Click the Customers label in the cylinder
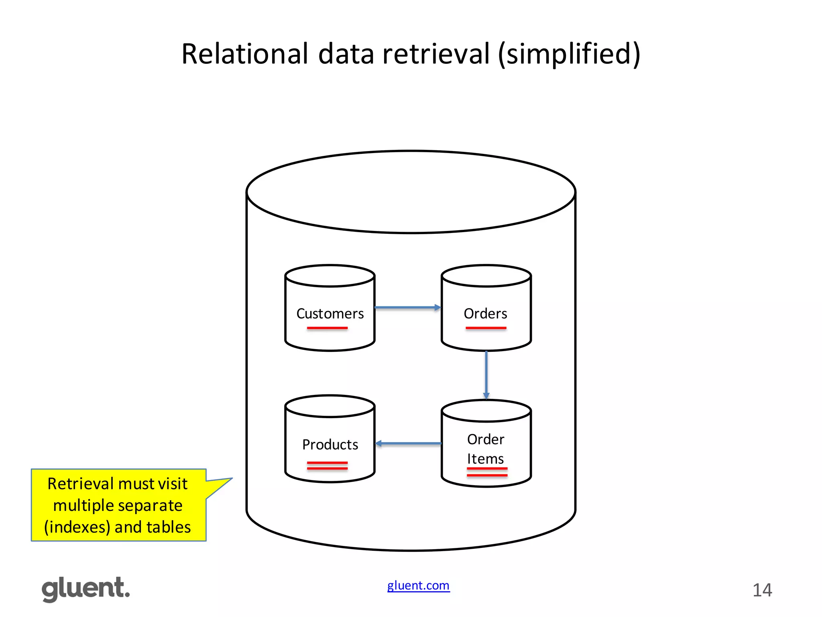pyautogui.click(x=330, y=314)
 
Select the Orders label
pyautogui.click(x=485, y=314)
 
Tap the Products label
pyautogui.click(x=330, y=445)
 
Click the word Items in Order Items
pyautogui.click(x=485, y=459)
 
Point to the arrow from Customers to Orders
pyautogui.click(x=407, y=308)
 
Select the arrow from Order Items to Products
pyautogui.click(x=408, y=443)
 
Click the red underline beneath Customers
pyautogui.click(x=327, y=328)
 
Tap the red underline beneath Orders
pyautogui.click(x=486, y=328)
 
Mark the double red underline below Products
pyautogui.click(x=327, y=466)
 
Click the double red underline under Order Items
pyautogui.click(x=487, y=472)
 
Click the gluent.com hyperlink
pyautogui.click(x=418, y=586)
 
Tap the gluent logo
pyautogui.click(x=86, y=589)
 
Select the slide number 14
pyautogui.click(x=762, y=590)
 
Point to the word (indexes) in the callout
pyautogui.click(x=77, y=527)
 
